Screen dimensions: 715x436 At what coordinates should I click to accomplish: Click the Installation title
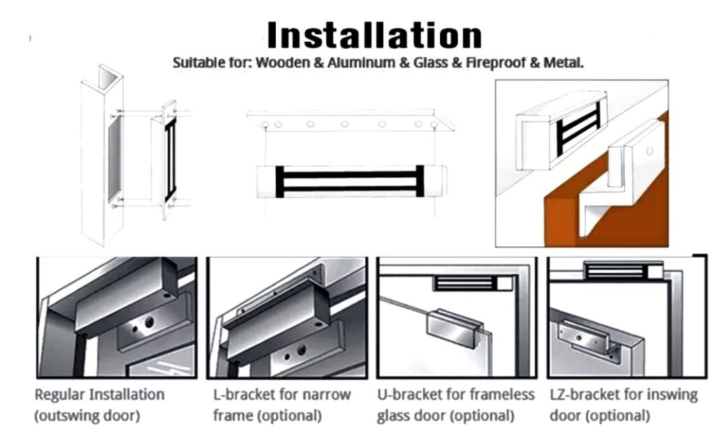[374, 35]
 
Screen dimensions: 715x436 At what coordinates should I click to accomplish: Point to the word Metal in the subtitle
[563, 62]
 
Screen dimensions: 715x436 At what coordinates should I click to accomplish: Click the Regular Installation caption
[99, 395]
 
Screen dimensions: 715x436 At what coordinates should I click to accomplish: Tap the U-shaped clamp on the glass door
[454, 326]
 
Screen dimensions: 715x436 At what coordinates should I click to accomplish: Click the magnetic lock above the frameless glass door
[473, 283]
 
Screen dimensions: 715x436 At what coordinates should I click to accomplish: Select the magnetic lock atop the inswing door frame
[623, 270]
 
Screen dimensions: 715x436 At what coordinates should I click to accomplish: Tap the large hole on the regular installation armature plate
[149, 322]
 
